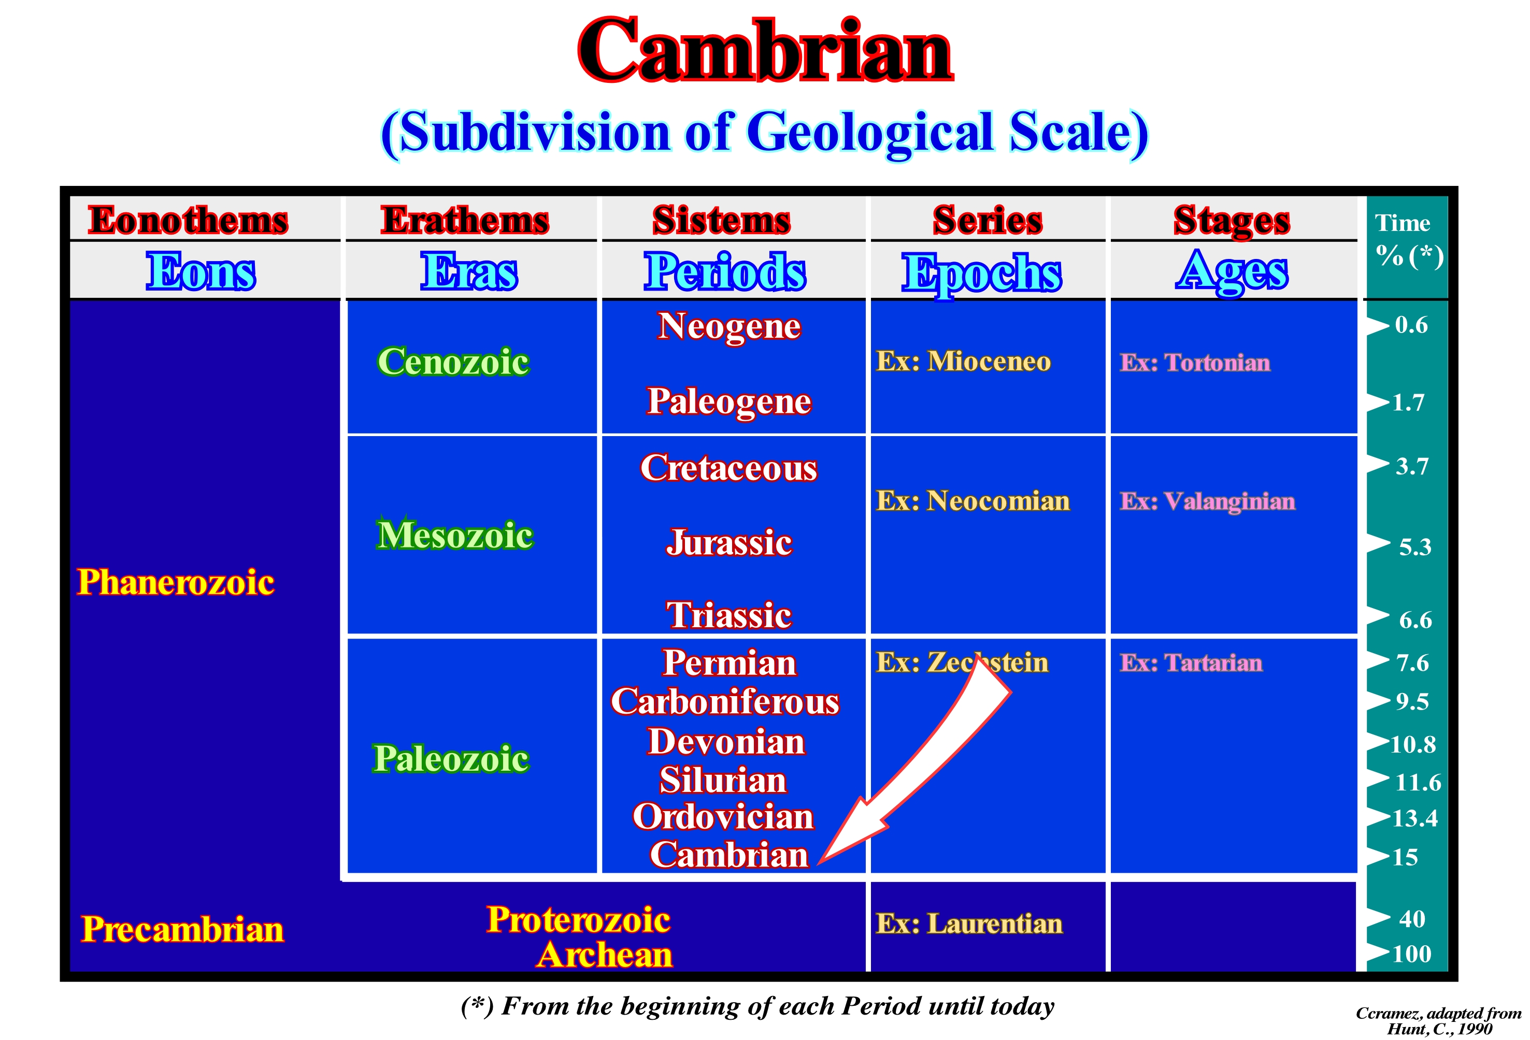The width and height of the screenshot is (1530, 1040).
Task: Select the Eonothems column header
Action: pos(188,220)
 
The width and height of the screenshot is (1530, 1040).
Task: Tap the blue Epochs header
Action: pos(982,273)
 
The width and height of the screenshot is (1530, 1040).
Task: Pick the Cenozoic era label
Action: pos(453,362)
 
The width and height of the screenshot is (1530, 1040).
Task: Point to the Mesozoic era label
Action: pos(454,535)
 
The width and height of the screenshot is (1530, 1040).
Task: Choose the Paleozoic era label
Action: pos(451,758)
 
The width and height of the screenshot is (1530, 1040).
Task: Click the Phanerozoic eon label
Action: pos(176,582)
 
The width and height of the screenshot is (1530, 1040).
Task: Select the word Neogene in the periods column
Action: pos(730,326)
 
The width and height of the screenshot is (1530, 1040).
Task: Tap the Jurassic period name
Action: pos(729,543)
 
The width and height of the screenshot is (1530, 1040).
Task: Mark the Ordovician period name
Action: pos(723,817)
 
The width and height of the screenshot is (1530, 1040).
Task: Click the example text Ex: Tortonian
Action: pos(1195,363)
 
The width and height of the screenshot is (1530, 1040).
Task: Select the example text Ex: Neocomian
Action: pos(973,501)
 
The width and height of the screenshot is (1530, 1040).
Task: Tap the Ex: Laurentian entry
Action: pos(969,924)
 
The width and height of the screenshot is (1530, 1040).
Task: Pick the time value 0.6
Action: pos(1411,325)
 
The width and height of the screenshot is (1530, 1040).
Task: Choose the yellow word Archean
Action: pos(604,955)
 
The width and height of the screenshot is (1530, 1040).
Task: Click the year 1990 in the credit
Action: pos(1475,1029)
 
